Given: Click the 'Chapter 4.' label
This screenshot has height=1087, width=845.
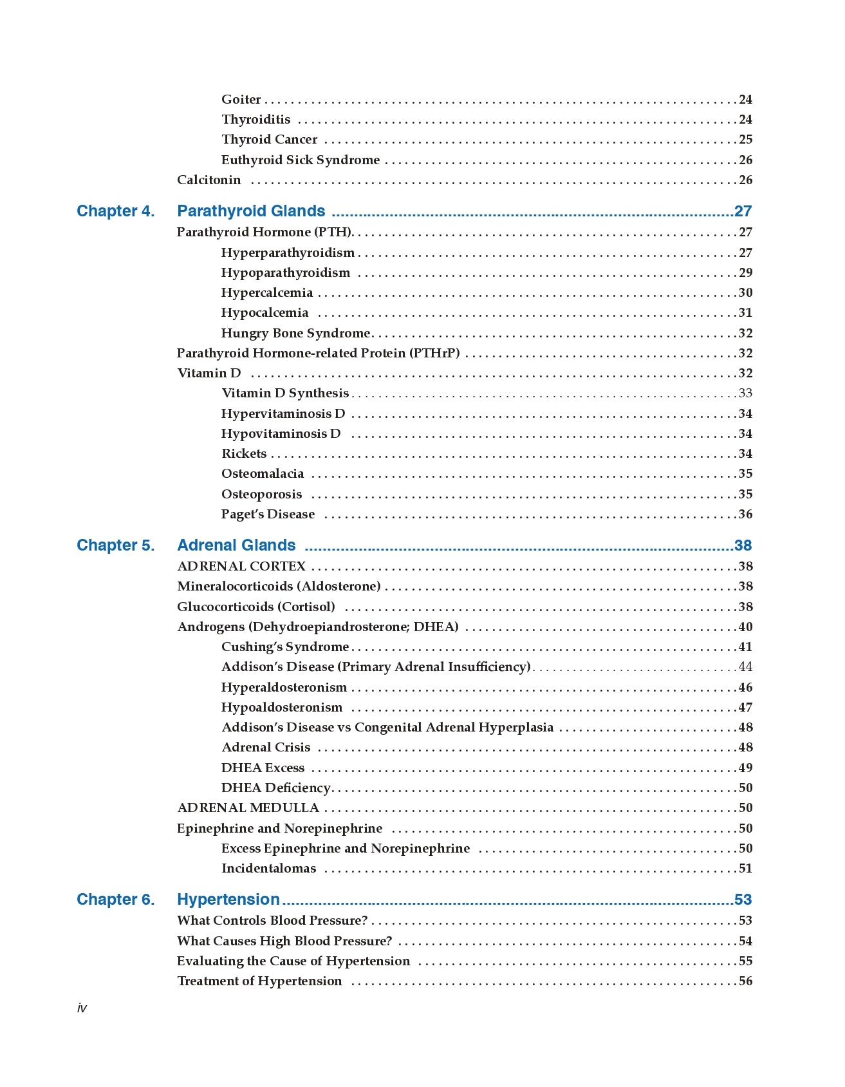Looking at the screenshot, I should [116, 211].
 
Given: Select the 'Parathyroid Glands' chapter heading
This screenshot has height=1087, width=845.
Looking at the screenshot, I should [251, 211].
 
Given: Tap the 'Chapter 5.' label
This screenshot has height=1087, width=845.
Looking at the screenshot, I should [116, 545].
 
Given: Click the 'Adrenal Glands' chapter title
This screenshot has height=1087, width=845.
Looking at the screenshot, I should [236, 545].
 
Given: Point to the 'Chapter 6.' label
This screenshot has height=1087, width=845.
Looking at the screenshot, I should [116, 900].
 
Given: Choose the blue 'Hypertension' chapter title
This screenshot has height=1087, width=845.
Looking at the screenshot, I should [228, 900].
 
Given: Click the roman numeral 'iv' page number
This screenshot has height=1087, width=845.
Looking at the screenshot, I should [82, 1008].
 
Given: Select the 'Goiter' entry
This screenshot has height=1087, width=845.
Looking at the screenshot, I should [241, 100].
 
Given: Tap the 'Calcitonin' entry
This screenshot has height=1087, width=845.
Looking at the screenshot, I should [209, 180].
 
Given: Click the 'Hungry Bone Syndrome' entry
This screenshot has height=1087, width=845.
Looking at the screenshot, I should [296, 334].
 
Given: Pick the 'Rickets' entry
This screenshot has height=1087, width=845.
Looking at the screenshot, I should [244, 454].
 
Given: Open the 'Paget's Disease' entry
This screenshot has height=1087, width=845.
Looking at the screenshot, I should [268, 515].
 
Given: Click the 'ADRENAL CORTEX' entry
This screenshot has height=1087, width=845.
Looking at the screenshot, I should [241, 567].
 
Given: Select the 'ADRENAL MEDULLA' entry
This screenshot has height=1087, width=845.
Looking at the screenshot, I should [248, 808].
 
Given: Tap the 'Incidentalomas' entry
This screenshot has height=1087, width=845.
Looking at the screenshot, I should [269, 869].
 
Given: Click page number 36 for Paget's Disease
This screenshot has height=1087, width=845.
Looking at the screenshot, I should [745, 515].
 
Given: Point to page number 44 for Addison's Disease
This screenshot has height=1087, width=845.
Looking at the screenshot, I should [745, 667].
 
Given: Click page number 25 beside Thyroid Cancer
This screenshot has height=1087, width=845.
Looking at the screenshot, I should [745, 140].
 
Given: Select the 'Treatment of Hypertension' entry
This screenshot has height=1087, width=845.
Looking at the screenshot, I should [259, 981].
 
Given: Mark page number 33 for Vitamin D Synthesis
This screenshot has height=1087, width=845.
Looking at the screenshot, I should [745, 393].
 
